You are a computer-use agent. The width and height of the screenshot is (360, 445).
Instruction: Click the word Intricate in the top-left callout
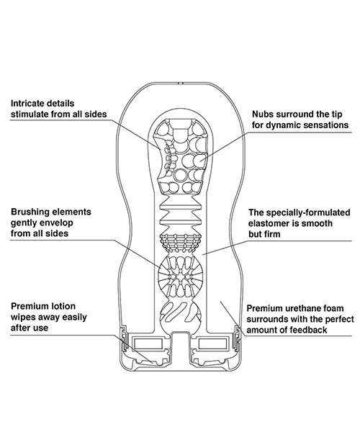tap(28, 103)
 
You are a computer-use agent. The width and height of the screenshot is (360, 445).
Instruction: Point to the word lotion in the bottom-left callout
tap(63, 306)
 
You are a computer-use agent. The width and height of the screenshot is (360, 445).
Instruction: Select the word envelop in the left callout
tap(56, 223)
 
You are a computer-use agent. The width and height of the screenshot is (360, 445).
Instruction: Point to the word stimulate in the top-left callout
tap(30, 114)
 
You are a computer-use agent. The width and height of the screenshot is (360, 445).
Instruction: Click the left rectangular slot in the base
tap(148, 343)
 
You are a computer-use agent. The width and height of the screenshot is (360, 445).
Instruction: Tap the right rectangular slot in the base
tap(212, 343)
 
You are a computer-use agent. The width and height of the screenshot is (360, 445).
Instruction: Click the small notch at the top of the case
tap(180, 84)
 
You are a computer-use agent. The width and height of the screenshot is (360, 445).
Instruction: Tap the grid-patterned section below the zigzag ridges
tap(181, 243)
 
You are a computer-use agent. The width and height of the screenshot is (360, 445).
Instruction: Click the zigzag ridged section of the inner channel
tap(181, 214)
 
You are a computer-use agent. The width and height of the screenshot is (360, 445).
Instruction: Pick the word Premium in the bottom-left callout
tap(30, 306)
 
